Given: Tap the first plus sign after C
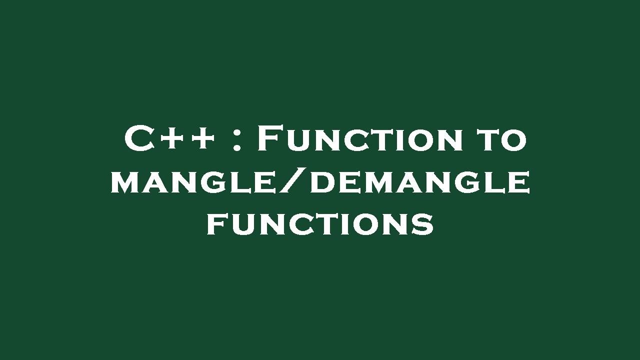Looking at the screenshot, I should coord(171,139).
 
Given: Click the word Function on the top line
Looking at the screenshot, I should coord(360,139).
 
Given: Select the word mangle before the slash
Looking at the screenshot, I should coord(192,182).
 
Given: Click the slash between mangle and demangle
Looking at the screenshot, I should coord(292,182).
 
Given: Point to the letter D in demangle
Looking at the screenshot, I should coord(323,182).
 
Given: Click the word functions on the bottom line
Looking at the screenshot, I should coord(320,224).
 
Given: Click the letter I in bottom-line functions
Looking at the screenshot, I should coord(353,224).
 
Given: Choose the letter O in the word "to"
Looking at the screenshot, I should coord(515,140).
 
